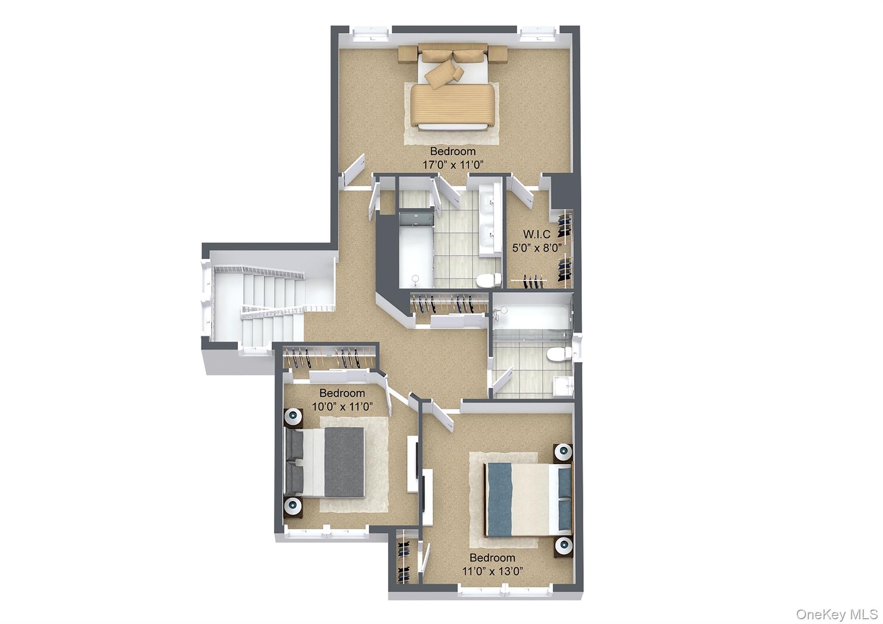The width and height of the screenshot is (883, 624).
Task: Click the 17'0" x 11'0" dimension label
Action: pos(453,165)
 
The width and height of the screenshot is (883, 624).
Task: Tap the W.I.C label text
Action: pos(537,234)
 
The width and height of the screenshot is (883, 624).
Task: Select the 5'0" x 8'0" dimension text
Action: pos(537,248)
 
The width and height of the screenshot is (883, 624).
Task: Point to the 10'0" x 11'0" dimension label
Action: pos(342,406)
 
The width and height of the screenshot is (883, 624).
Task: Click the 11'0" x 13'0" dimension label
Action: pos(493,571)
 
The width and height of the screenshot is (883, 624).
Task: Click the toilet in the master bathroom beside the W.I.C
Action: pos(489,280)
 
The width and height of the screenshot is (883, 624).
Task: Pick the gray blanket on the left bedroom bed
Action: pos(344,462)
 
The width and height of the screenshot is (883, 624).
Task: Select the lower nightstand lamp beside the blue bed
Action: pos(564,546)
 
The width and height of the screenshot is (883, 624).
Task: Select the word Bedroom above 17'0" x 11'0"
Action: pos(453,151)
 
